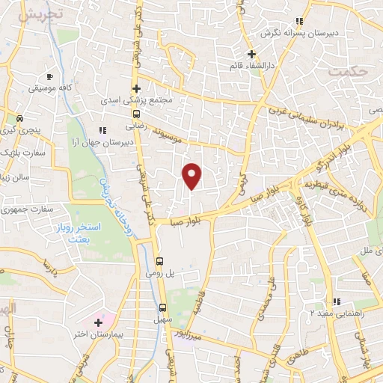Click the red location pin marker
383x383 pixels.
point(192,175)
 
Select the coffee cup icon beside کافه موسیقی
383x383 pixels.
point(49,77)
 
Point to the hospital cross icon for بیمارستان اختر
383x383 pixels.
point(99,322)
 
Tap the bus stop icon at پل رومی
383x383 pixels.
point(160,261)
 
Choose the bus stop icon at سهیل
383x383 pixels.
point(162,307)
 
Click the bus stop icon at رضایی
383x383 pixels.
point(136,114)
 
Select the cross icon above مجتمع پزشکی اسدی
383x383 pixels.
point(136,88)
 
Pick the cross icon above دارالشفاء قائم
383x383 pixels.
point(252,55)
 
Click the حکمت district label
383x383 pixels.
point(349,73)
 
